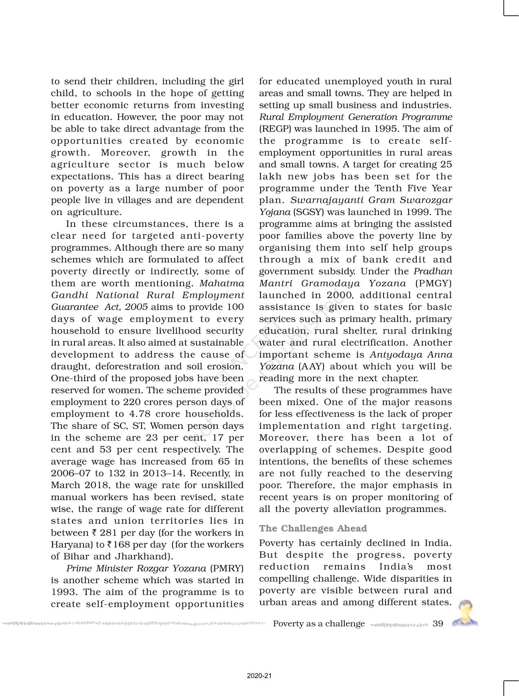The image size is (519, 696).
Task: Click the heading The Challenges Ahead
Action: [x=313, y=528]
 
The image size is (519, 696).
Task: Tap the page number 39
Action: [x=438, y=624]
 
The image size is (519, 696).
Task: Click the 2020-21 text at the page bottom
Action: [x=259, y=676]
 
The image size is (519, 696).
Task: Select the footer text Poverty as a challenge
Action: [x=319, y=624]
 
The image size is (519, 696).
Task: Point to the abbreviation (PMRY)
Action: [x=227, y=568]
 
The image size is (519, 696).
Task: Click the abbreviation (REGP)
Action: [x=275, y=129]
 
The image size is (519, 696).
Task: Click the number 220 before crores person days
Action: [x=131, y=402]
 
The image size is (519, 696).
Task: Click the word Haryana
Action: [x=70, y=545]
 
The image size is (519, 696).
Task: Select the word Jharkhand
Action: [x=143, y=556]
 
